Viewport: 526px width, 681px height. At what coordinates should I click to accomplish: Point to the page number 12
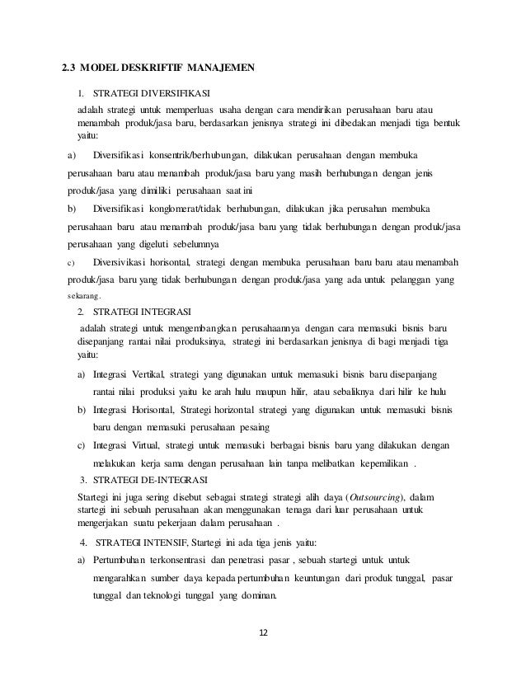pyautogui.click(x=264, y=633)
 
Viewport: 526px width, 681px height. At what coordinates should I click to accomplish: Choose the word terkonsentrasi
pyautogui.click(x=175, y=561)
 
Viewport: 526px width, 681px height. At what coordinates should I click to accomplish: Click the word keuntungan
pyautogui.click(x=318, y=579)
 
